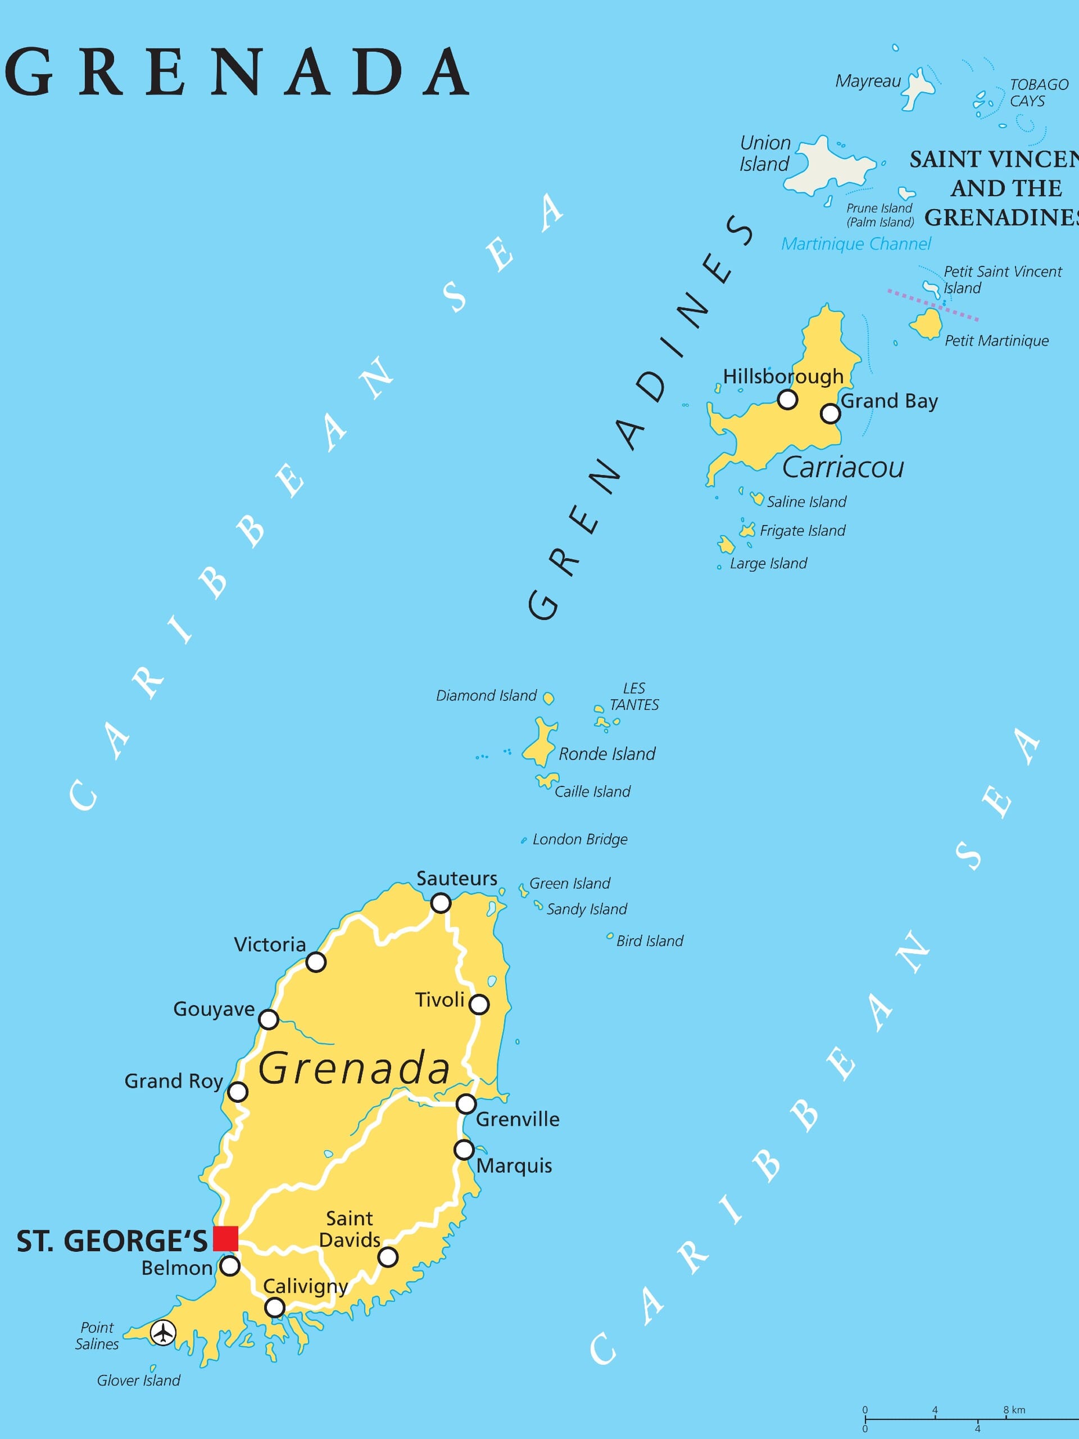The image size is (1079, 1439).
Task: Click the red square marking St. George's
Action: pos(226,1238)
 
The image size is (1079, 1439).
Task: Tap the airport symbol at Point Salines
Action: pos(162,1333)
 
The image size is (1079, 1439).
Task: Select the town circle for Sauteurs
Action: pos(441,903)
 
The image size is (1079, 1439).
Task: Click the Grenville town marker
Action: pos(466,1104)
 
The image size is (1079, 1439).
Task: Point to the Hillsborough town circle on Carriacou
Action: pos(788,400)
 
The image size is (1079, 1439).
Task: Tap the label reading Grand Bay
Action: pos(889,401)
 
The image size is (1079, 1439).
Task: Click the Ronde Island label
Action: pos(607,754)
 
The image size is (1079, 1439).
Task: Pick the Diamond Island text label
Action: pos(486,695)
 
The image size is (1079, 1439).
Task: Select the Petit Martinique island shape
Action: pos(927,324)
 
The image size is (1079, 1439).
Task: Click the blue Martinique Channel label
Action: pos(856,244)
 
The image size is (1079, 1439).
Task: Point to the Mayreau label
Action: pos(868,82)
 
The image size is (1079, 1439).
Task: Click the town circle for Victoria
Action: pos(316,962)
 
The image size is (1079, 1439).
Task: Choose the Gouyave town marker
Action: pos(269,1020)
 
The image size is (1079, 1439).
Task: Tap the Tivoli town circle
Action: pos(479,1004)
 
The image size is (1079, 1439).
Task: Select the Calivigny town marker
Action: pos(275,1307)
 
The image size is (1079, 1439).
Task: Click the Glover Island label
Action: pos(139,1381)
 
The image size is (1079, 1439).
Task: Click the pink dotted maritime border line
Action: pos(933,305)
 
